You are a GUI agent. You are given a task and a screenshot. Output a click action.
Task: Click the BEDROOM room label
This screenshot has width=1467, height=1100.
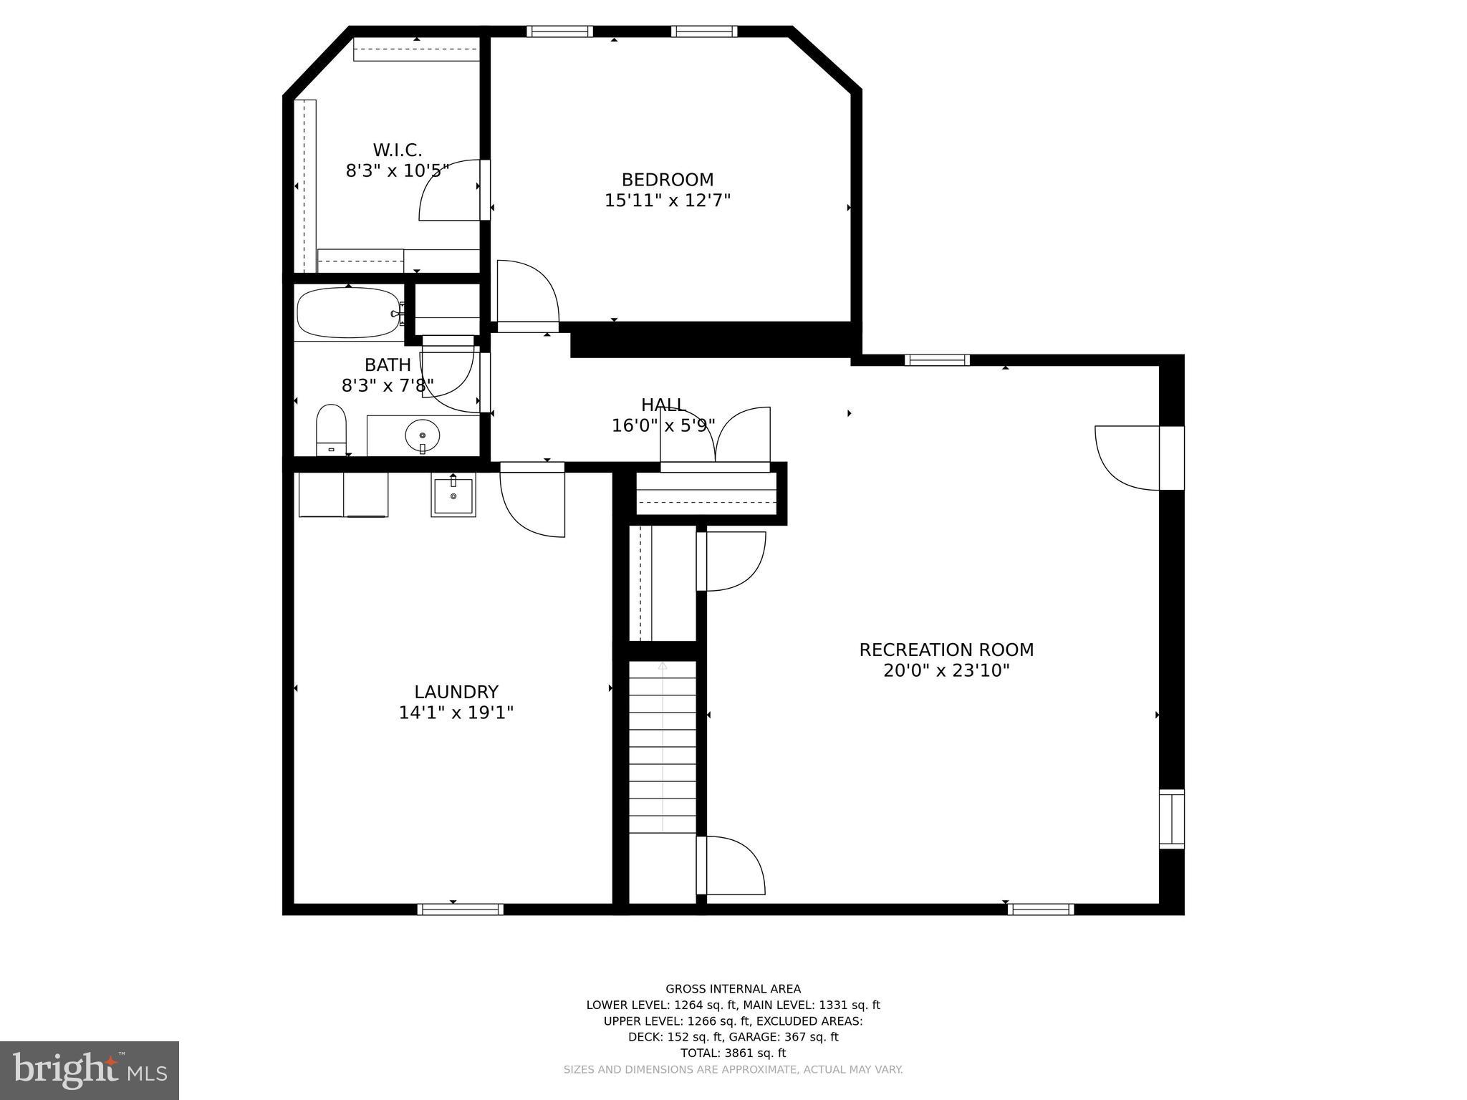click(x=667, y=180)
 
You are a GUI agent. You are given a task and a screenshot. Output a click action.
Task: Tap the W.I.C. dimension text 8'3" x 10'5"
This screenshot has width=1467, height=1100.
click(x=397, y=171)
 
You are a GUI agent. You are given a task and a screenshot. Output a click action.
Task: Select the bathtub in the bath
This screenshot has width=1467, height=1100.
click(x=348, y=313)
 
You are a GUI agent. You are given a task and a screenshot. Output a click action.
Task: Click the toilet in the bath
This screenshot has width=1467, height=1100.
click(x=331, y=428)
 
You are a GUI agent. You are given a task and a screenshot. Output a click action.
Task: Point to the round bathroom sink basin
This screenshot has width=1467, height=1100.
click(x=423, y=435)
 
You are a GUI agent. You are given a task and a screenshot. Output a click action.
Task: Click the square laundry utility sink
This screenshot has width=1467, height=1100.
click(x=453, y=496)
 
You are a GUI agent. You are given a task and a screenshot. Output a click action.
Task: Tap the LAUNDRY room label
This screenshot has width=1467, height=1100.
click(x=456, y=692)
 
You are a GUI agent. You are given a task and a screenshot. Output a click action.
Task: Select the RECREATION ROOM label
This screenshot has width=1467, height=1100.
click(x=946, y=650)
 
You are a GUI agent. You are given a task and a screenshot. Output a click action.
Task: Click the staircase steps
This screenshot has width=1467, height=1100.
click(x=663, y=748)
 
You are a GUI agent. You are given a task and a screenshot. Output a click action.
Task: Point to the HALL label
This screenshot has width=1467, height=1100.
click(x=663, y=405)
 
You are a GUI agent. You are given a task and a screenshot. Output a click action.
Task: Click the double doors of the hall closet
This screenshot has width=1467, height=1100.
click(x=715, y=437)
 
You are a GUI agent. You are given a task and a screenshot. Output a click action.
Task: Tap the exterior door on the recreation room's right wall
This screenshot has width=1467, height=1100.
click(x=1128, y=458)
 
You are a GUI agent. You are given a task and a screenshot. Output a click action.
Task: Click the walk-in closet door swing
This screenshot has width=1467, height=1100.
click(x=449, y=190)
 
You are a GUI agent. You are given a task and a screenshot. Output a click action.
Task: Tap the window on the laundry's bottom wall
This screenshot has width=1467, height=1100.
click(x=460, y=910)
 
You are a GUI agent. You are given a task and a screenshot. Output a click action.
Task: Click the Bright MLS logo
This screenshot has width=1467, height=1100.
click(x=89, y=1070)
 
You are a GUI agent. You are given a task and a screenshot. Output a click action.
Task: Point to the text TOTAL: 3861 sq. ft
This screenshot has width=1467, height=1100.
click(x=733, y=1053)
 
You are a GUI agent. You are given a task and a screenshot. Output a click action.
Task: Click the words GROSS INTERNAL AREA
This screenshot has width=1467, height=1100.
click(x=733, y=989)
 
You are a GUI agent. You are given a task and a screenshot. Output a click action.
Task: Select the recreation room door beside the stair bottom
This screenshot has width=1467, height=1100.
click(x=733, y=866)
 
